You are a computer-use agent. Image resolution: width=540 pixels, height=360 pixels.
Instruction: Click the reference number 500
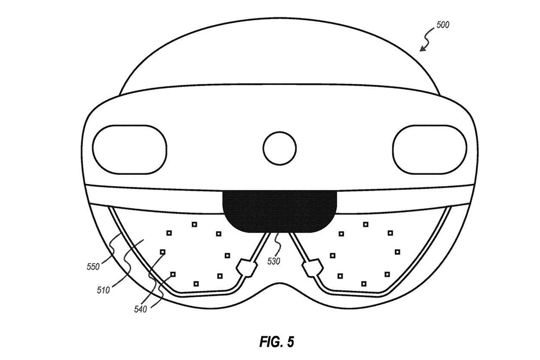(443, 25)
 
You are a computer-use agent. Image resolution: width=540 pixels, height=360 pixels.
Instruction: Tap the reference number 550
(93, 266)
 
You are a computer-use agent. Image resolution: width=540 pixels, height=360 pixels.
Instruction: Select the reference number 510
(103, 290)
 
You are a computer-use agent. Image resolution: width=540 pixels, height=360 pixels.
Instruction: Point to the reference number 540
(141, 309)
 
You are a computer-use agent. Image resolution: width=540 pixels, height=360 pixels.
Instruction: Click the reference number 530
(274, 262)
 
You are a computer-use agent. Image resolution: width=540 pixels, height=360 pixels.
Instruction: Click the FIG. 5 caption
(277, 342)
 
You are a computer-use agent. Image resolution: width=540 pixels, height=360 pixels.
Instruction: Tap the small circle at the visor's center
(280, 148)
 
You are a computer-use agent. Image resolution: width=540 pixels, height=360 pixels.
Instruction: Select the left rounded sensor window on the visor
(130, 150)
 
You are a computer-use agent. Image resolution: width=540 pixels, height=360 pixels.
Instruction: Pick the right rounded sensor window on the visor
(429, 150)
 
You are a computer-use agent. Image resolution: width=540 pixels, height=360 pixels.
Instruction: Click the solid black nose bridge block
(280, 211)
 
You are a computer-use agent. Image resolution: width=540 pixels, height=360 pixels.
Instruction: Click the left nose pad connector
(246, 268)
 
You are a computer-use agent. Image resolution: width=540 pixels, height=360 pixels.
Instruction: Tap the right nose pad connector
(312, 268)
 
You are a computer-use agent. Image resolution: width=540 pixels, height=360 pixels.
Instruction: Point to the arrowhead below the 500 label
(422, 49)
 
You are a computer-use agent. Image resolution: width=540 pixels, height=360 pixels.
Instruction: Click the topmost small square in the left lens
(194, 224)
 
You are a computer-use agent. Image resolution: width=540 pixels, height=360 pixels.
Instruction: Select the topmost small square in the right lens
(366, 224)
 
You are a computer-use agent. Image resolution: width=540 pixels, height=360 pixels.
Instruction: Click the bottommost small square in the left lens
(196, 284)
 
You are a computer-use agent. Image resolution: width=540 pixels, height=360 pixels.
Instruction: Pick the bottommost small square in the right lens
(364, 284)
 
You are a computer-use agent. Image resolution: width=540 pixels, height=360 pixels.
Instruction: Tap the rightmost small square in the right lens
(398, 252)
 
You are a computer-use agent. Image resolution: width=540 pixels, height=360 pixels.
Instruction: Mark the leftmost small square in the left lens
(163, 252)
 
